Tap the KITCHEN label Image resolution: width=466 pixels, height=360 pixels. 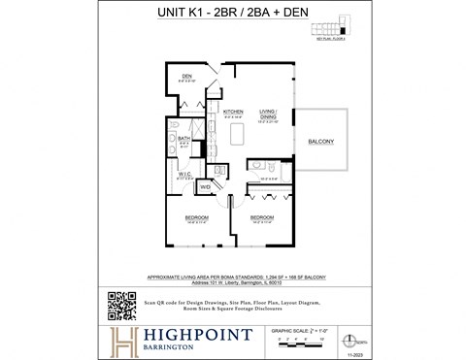[233, 112]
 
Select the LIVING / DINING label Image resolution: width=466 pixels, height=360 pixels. [269, 113]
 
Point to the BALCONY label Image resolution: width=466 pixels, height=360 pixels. [321, 142]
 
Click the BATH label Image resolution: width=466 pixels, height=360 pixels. [183, 139]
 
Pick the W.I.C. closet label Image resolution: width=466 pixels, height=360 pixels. [184, 176]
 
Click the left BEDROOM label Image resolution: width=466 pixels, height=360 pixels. [197, 218]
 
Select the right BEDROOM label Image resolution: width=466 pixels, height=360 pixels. [262, 217]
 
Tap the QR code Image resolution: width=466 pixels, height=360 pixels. [120, 306]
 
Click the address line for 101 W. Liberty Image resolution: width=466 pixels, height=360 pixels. [232, 283]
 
